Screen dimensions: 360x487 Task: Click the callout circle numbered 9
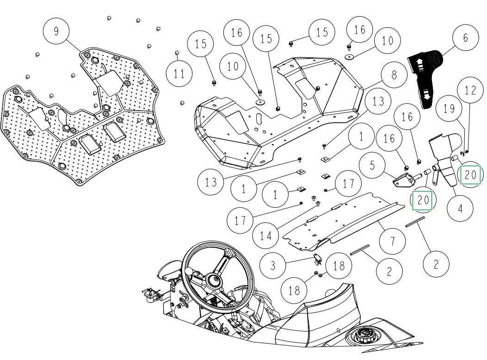click(56, 31)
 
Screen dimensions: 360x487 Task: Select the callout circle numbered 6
click(466, 37)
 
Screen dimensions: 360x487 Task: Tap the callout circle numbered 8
click(394, 75)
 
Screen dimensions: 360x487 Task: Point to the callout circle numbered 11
click(180, 73)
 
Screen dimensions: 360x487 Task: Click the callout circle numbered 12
click(470, 91)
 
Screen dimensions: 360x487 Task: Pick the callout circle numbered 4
click(460, 209)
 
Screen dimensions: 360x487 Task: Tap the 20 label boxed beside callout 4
click(470, 175)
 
